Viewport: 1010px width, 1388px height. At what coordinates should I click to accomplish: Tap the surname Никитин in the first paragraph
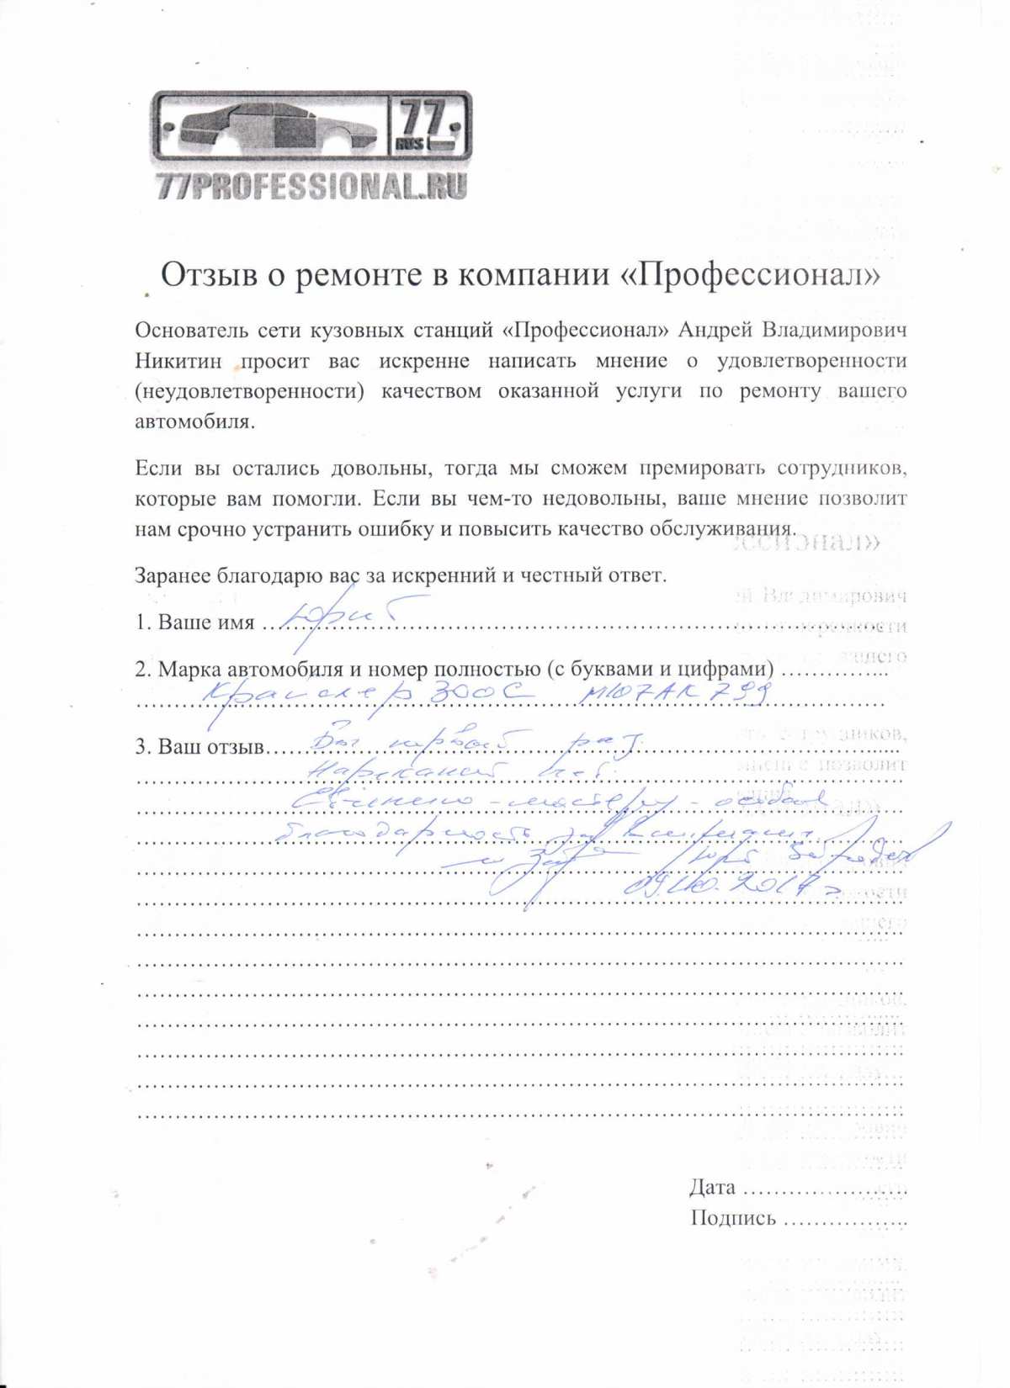tap(178, 361)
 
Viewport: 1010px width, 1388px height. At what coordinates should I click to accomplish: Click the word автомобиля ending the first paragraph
tap(194, 421)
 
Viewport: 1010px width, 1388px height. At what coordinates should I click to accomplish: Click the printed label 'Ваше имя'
tap(206, 622)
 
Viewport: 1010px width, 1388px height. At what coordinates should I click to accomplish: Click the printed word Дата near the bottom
tap(712, 1187)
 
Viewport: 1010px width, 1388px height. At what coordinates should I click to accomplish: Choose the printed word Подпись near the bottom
tap(732, 1218)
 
